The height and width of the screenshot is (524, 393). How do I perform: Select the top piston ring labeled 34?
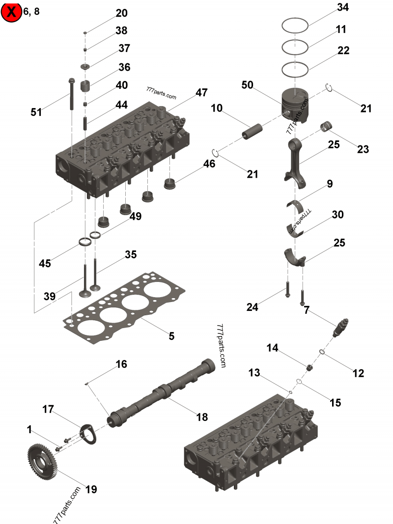[295, 24]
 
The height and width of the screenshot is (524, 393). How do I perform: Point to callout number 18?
[202, 417]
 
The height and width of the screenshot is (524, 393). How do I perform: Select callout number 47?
[201, 92]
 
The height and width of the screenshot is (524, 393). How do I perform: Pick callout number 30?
[337, 215]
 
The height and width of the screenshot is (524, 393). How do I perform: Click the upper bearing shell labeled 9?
[297, 203]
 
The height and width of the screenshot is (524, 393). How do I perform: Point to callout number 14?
[273, 348]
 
